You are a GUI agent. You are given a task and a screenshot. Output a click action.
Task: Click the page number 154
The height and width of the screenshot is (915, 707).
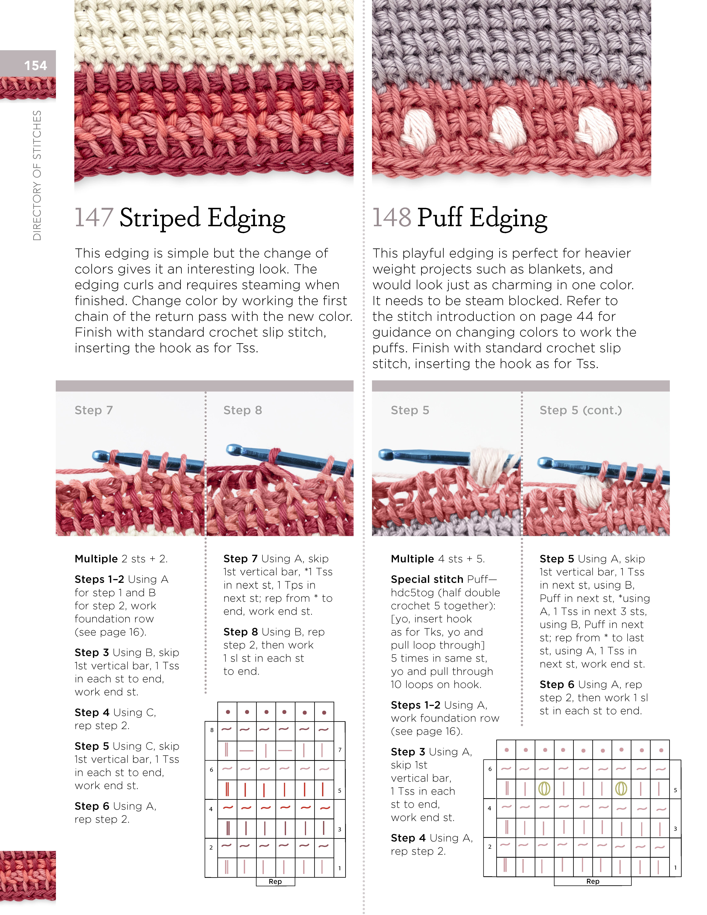point(36,66)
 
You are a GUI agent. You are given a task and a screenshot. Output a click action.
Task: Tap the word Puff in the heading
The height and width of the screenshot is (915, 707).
point(440,217)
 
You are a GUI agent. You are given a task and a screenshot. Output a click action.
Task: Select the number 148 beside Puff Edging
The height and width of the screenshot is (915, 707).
point(392,217)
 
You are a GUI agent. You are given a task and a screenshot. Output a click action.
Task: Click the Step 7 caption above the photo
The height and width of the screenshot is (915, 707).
point(93,410)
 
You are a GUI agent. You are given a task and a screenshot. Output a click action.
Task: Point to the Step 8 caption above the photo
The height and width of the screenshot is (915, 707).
point(243,410)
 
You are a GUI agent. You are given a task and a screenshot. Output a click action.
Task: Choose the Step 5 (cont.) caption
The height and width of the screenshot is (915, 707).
point(580,410)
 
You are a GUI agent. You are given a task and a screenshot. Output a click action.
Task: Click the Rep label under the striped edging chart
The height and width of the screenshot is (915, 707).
point(275,881)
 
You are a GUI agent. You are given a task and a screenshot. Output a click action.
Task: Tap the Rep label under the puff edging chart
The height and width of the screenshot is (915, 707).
point(593,881)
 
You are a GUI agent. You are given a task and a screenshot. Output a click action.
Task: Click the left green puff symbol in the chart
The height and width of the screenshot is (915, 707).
point(544,789)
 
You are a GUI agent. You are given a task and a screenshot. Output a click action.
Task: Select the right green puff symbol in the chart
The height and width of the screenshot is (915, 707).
point(621,789)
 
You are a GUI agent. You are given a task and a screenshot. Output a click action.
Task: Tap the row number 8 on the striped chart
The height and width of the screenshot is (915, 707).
point(212,730)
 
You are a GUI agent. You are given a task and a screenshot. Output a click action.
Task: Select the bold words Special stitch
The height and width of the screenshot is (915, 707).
point(427,579)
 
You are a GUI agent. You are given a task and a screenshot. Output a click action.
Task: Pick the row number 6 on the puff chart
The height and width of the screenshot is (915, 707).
point(490,769)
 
